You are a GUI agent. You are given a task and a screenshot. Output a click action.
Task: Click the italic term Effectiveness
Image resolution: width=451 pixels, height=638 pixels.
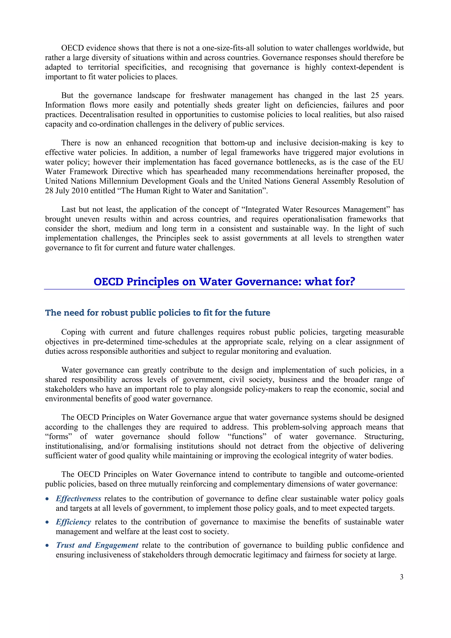[x=78, y=499]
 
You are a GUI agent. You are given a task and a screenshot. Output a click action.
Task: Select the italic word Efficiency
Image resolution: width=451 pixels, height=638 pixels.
[x=73, y=522]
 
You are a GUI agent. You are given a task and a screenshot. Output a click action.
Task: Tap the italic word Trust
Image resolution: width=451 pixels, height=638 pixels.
[x=65, y=545]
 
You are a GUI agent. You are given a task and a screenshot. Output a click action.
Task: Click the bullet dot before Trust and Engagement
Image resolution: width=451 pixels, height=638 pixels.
[x=47, y=546]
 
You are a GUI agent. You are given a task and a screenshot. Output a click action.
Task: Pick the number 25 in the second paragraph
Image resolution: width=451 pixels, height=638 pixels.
[x=375, y=96]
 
